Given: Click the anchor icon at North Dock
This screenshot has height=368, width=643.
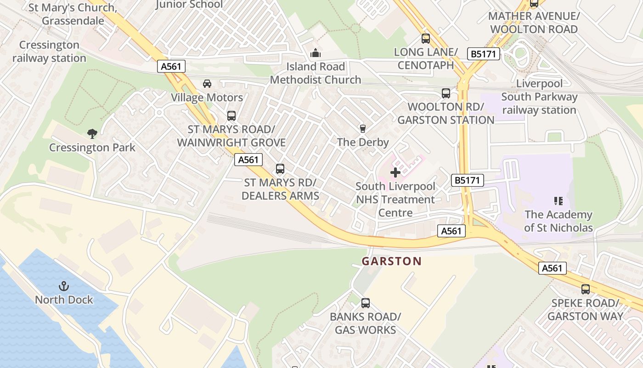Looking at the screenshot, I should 64,287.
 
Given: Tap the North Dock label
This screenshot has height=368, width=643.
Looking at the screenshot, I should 64,300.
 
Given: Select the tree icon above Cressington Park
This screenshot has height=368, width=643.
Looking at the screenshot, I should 92,134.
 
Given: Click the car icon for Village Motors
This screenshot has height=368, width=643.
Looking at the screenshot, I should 207,84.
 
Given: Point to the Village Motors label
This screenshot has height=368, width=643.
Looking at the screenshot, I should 207,98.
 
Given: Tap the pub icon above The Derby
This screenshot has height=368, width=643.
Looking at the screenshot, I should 363,128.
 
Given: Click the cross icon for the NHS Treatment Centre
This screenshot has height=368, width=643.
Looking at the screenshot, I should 395,173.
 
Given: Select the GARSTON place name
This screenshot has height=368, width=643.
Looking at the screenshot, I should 391,261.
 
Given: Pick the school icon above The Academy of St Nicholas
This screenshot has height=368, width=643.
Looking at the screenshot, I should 558,201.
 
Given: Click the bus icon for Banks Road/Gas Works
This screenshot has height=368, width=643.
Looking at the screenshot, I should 366,303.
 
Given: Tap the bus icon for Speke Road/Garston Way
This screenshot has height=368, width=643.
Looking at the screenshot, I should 586,289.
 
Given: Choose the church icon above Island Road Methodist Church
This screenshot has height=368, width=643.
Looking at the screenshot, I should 315,53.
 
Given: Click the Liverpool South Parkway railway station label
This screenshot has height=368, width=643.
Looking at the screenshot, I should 539,97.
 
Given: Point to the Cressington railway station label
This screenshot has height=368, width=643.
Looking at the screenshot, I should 49,52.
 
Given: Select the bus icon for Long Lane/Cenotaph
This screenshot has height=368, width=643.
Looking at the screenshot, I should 426,39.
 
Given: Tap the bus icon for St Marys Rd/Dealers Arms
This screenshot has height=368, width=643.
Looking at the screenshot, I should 280,169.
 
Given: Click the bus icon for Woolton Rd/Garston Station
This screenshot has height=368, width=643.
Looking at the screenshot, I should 446,93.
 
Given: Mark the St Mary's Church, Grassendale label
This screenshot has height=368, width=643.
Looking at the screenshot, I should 73,14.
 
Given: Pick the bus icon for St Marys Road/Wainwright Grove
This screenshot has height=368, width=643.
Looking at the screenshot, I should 231,116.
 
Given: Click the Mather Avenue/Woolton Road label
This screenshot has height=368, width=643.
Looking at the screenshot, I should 533,23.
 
